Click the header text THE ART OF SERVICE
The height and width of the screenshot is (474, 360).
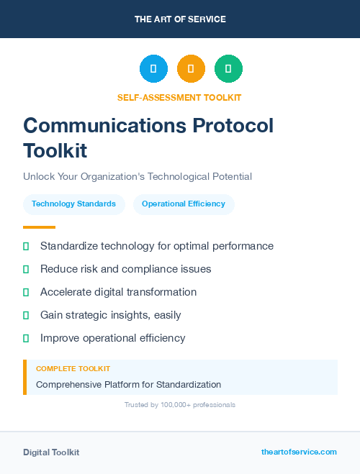tap(180, 19)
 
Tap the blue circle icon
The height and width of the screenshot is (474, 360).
tap(153, 69)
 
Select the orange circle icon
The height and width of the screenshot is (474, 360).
tap(191, 69)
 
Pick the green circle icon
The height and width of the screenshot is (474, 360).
tap(228, 69)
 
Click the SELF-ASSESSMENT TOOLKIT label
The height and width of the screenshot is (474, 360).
tap(179, 97)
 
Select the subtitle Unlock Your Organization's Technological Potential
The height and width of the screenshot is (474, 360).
tap(138, 176)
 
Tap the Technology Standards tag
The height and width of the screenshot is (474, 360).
tap(73, 204)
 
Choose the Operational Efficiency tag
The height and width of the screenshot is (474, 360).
tap(184, 204)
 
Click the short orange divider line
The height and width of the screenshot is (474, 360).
tap(39, 227)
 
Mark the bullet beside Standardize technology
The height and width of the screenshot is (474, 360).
tap(26, 246)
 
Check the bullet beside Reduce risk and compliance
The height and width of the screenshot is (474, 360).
tap(26, 269)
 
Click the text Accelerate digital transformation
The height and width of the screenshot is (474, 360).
tap(118, 292)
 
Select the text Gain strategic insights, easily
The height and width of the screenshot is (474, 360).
tap(111, 315)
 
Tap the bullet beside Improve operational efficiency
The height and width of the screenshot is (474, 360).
tap(26, 338)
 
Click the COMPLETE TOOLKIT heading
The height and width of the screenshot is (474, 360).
tap(73, 369)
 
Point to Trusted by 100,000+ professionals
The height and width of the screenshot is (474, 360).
tap(180, 405)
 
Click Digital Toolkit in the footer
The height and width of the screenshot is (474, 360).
tap(51, 452)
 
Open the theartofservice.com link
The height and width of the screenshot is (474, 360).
tap(299, 452)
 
